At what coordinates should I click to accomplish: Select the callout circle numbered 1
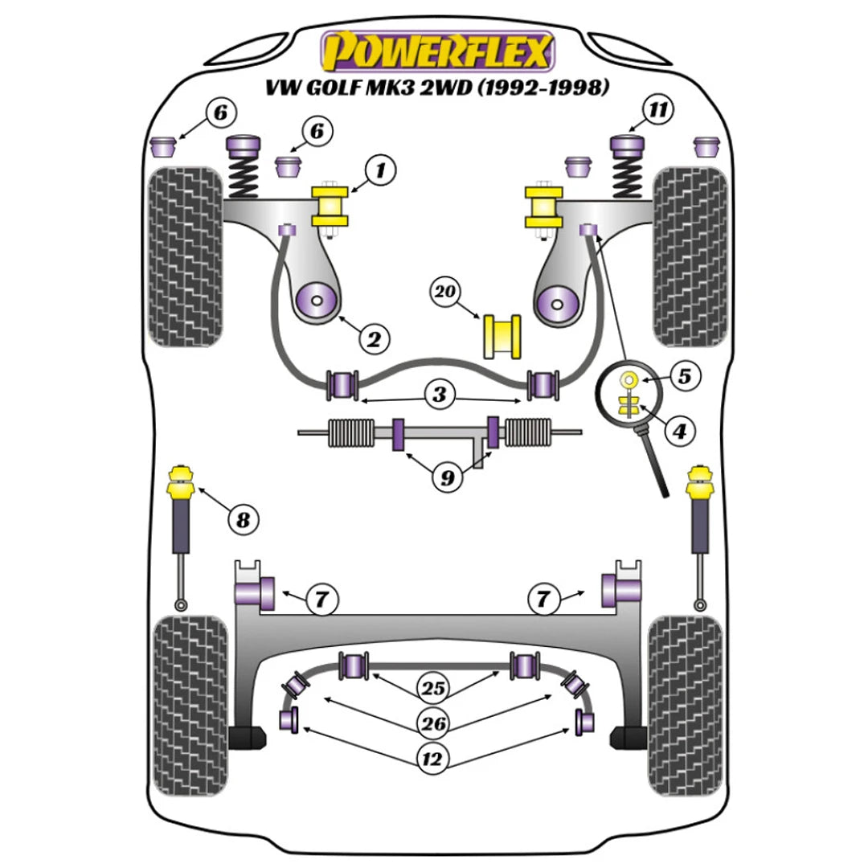tap(381, 170)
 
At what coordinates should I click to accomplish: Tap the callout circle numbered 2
tap(373, 339)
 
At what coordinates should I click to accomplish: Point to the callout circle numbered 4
tap(679, 432)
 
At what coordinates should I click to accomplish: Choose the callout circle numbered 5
tap(685, 375)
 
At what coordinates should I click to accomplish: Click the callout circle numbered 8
tap(243, 520)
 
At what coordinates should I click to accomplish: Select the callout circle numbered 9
tap(446, 478)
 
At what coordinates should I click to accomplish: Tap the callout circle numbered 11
tap(658, 112)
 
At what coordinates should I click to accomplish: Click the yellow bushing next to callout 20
tap(501, 338)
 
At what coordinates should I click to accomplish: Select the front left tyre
tap(185, 257)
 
